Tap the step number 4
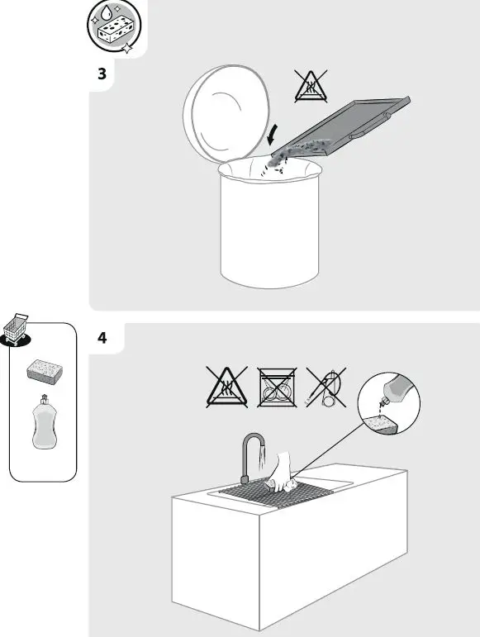click(102, 338)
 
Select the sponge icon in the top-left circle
click(116, 28)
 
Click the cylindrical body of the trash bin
click(269, 235)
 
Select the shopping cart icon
click(18, 330)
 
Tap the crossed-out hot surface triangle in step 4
click(226, 387)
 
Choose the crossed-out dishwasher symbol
click(277, 387)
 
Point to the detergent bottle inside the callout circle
click(401, 387)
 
